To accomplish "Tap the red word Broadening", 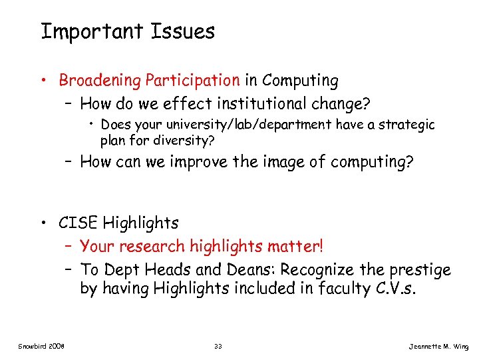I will (100, 81).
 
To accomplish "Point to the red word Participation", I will (192, 81).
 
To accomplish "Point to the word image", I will (278, 161).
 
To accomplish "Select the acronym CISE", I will (79, 222).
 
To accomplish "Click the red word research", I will (153, 246).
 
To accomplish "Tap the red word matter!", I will (295, 246).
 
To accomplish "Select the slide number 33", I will (218, 347).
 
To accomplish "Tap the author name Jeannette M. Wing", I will (438, 347).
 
